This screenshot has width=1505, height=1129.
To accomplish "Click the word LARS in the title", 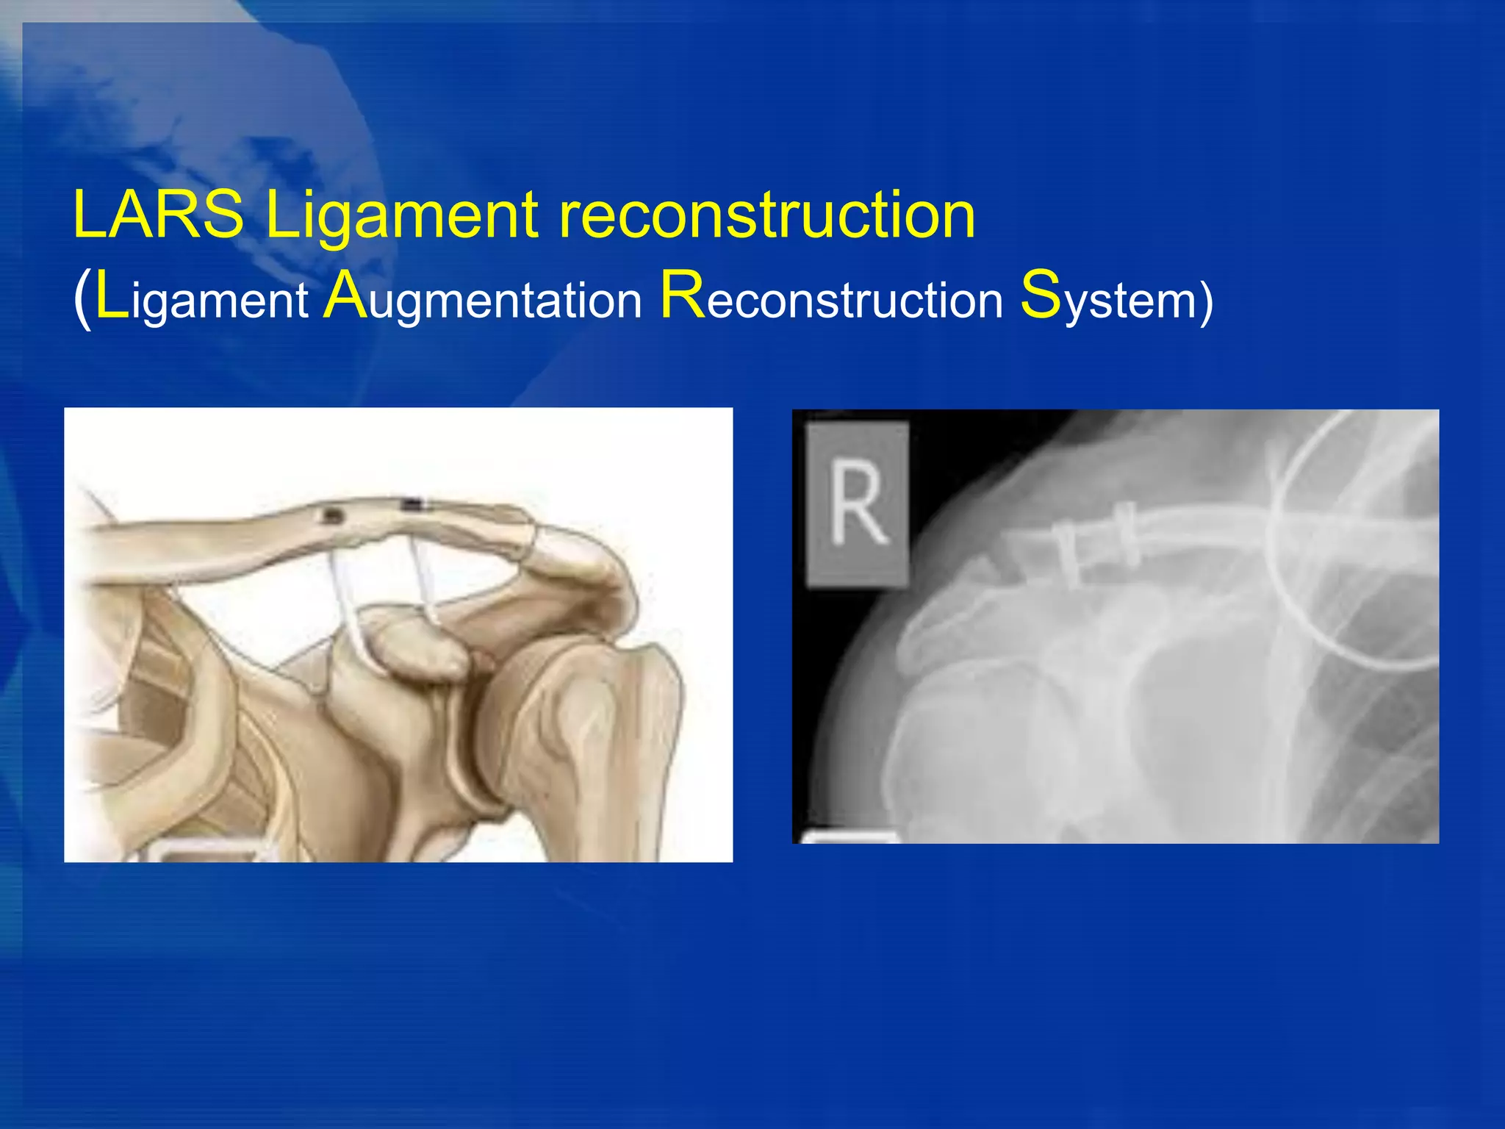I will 158,215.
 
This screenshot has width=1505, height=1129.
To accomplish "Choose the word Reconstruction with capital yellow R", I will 831,297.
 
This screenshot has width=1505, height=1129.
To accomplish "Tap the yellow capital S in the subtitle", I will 1041,295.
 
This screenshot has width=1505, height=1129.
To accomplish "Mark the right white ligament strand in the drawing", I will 424,581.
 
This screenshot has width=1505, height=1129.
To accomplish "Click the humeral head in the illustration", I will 588,706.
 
